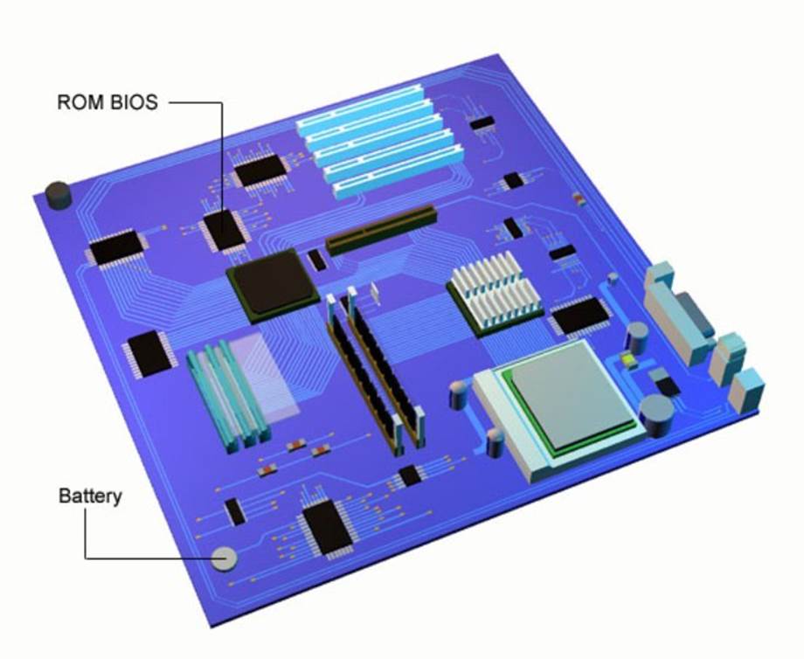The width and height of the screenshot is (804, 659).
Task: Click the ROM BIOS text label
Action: [x=107, y=102]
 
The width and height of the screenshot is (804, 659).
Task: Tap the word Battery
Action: [x=90, y=496]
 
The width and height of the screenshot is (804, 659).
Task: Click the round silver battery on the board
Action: [x=224, y=558]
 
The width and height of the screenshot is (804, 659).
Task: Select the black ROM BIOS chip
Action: [x=224, y=230]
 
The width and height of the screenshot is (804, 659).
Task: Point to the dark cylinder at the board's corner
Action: [x=58, y=196]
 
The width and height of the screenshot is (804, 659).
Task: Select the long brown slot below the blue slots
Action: [x=382, y=230]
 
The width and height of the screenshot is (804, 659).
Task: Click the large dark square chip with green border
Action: [x=273, y=285]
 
